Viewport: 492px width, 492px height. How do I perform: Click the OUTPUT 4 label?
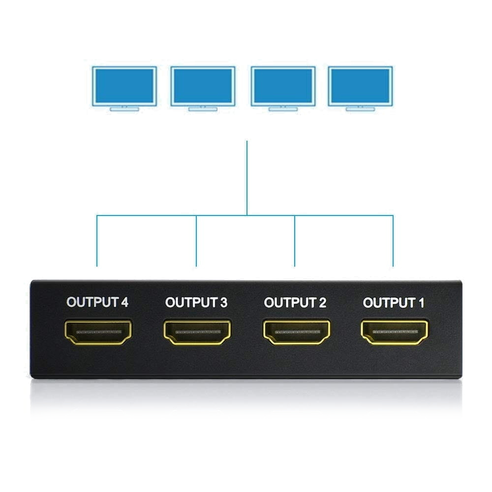click(x=97, y=302)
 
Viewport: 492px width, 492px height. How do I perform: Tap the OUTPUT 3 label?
click(x=196, y=303)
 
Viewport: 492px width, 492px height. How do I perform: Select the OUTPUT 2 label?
click(x=295, y=303)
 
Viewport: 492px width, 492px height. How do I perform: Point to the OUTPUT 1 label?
click(x=394, y=303)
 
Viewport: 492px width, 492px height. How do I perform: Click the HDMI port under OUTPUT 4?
click(x=98, y=332)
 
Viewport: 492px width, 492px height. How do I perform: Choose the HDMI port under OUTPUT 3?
click(x=197, y=332)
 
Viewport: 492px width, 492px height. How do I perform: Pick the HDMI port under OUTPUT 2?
click(x=297, y=332)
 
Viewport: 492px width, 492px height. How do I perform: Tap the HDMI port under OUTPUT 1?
click(x=395, y=332)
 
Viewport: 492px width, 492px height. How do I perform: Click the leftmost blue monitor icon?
click(x=124, y=89)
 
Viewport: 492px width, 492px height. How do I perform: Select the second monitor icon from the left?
click(x=203, y=89)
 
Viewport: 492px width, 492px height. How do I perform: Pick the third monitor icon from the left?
click(x=283, y=89)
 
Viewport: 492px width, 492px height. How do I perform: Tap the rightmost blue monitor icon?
click(x=360, y=89)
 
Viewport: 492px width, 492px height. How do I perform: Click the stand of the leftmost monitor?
click(x=124, y=109)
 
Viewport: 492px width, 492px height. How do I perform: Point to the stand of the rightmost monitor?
click(x=360, y=109)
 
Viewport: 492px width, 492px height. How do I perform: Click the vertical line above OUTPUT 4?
click(x=97, y=241)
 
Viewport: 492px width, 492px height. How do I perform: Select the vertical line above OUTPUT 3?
click(x=196, y=241)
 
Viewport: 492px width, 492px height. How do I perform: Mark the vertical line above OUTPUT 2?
click(x=295, y=241)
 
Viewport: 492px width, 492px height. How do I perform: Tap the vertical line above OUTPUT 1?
click(x=393, y=241)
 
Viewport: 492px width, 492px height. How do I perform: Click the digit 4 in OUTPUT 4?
click(x=124, y=303)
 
